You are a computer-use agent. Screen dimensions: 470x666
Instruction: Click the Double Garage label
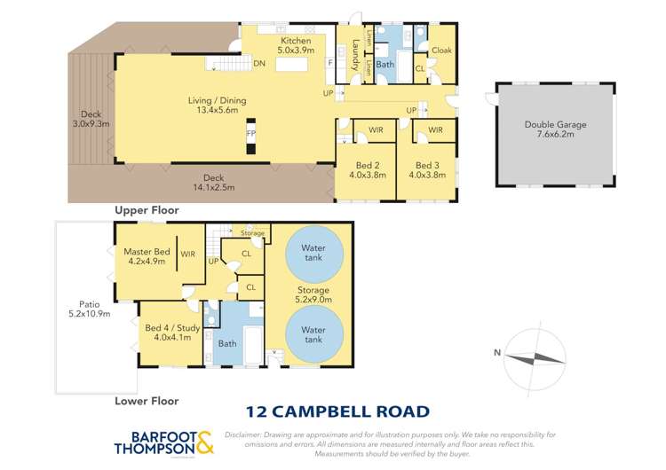555,130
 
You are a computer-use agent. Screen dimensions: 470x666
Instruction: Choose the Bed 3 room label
427,170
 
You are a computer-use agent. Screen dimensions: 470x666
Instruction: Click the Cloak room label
440,51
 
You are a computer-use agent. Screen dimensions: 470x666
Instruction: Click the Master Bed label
147,257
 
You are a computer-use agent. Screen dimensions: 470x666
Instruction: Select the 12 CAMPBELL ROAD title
337,411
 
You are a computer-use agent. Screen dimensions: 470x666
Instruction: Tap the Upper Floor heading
147,210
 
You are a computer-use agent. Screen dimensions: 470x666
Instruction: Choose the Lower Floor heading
147,401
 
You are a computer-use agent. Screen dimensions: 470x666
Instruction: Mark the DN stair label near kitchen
259,64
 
